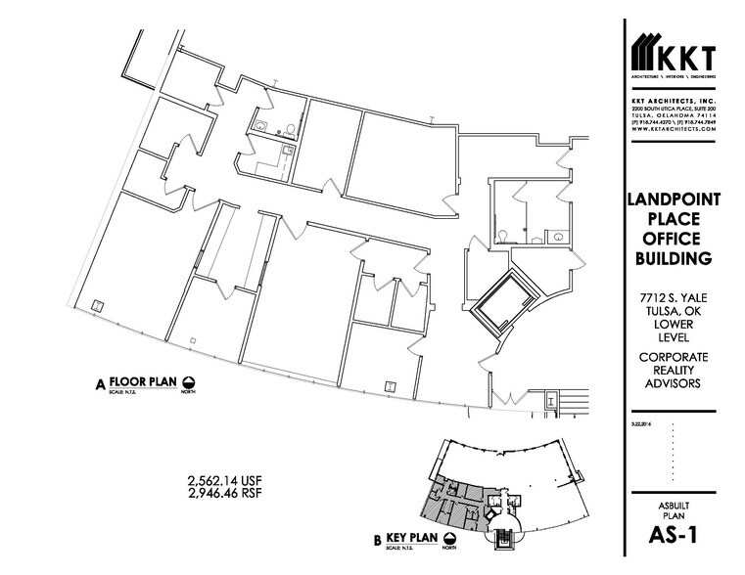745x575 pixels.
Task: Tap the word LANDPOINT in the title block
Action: [674, 199]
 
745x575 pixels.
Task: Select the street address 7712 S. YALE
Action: [674, 298]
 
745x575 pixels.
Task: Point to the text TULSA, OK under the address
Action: [674, 312]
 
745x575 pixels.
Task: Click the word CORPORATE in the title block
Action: [674, 357]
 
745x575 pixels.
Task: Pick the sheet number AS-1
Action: [674, 535]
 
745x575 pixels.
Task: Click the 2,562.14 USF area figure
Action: [225, 479]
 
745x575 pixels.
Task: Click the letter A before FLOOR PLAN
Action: [100, 383]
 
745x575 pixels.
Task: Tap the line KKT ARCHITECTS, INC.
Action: [674, 99]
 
